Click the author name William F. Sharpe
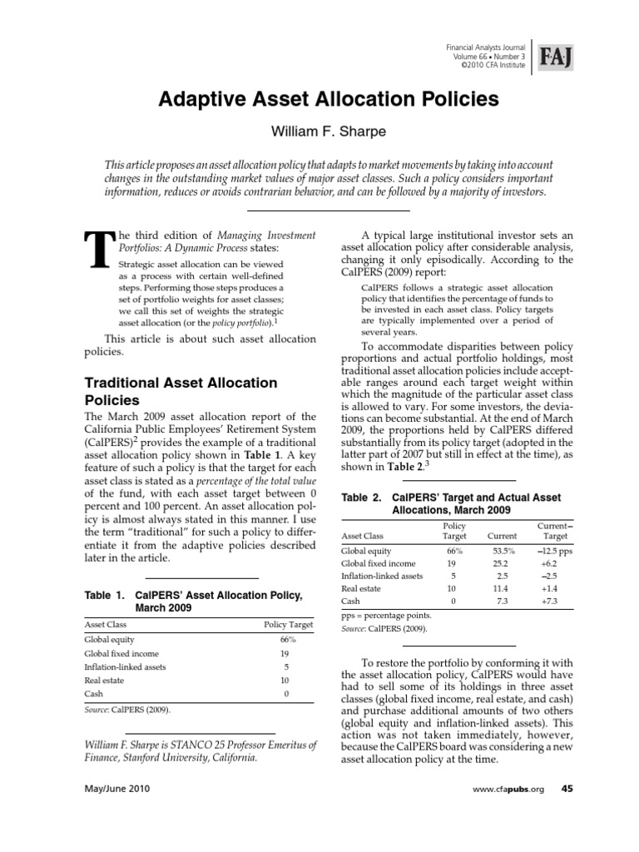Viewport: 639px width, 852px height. pyautogui.click(x=319, y=131)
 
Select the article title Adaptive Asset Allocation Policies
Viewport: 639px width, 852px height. pyautogui.click(x=319, y=99)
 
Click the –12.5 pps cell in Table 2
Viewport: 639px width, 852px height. pyautogui.click(x=550, y=550)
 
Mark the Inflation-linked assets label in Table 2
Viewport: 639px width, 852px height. pyautogui.click(x=382, y=575)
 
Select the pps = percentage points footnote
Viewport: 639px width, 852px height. pyautogui.click(x=387, y=616)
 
